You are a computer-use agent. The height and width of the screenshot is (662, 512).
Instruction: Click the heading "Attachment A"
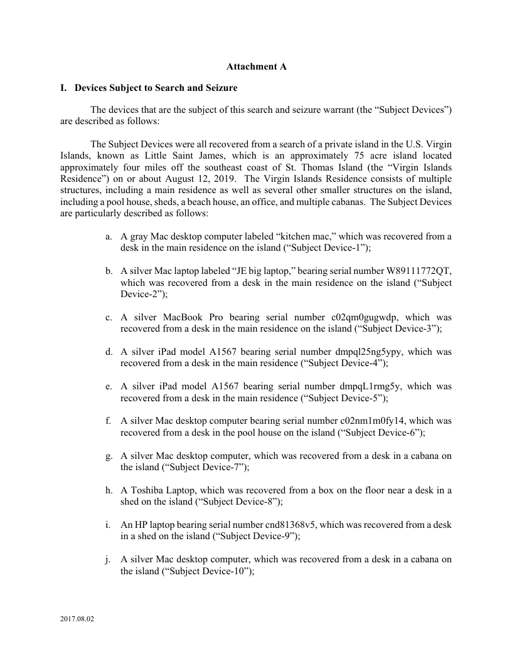pos(256,66)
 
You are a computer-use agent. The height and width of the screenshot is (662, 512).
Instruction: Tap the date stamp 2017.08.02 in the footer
pos(77,619)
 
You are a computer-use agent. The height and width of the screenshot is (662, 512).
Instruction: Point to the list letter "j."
pos(109,559)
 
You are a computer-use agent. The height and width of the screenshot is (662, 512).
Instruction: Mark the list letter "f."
pos(109,421)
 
